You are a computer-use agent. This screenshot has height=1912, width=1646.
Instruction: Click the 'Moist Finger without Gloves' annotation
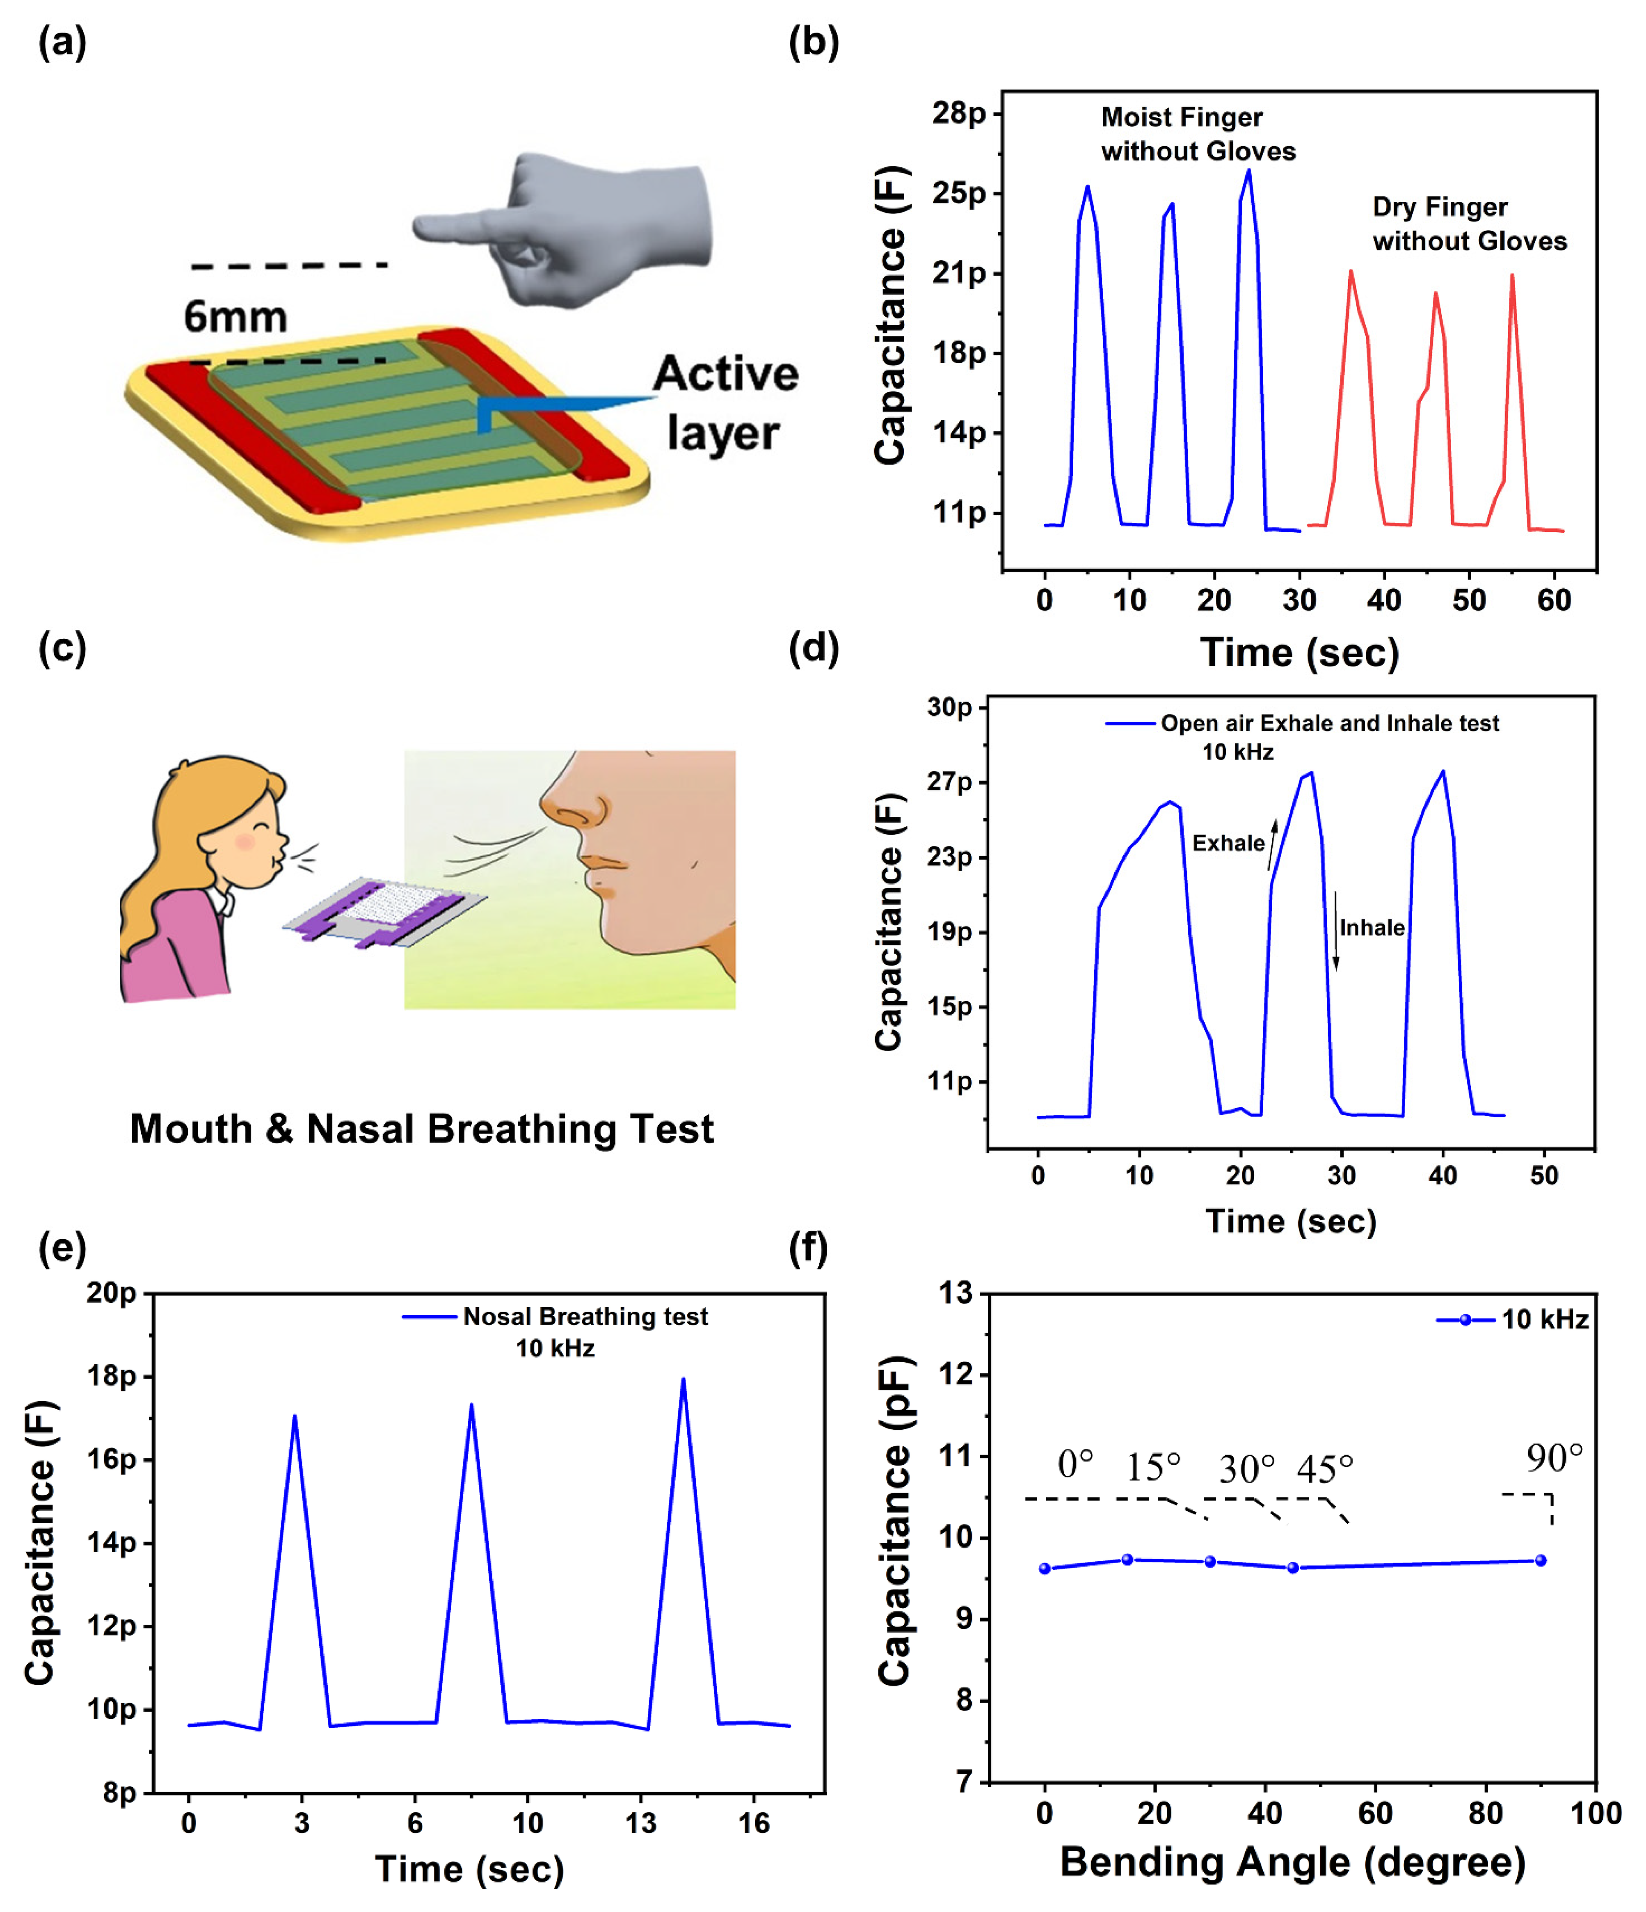click(1198, 134)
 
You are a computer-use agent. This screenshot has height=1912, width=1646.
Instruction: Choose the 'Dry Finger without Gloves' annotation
click(1469, 223)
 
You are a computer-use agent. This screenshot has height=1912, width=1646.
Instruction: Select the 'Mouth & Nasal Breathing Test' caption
click(422, 1129)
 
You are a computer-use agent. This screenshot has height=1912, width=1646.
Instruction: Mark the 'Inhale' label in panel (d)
click(1372, 927)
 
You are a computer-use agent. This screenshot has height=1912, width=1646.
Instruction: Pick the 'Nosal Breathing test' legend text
click(585, 1317)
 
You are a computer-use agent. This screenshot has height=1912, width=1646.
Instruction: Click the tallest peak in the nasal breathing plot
click(683, 1379)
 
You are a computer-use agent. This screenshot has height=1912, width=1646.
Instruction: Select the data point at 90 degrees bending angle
click(1540, 1560)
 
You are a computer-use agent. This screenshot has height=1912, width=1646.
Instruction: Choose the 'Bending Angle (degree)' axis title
click(1292, 1862)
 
